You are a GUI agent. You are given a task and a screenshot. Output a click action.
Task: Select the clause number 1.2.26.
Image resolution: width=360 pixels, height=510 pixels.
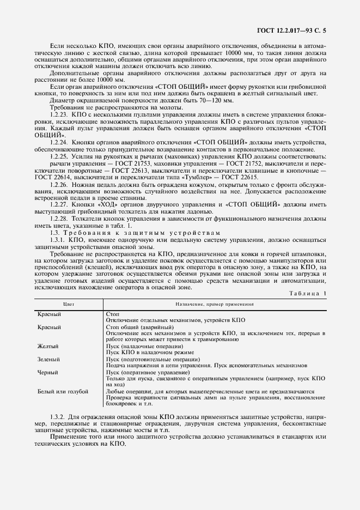click(59, 185)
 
